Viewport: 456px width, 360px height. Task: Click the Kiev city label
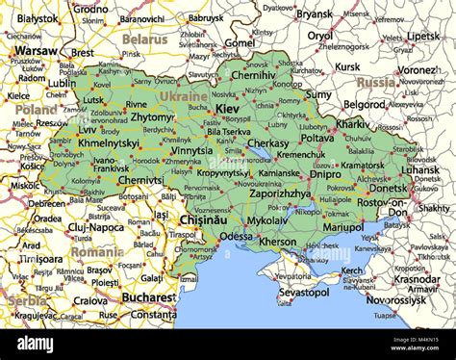tap(229, 110)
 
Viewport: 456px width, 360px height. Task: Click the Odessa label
tap(237, 236)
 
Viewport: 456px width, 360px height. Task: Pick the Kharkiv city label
tap(353, 124)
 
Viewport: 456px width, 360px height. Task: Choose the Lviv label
tap(88, 129)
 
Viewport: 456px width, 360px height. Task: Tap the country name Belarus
tap(145, 39)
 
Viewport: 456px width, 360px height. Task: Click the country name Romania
tap(96, 251)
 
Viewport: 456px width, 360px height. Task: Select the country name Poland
tap(36, 110)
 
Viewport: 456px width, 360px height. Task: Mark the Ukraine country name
tap(183, 96)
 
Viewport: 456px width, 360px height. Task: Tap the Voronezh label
tap(419, 70)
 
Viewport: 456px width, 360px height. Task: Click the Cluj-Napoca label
tap(69, 227)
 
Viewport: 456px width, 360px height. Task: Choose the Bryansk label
tap(314, 14)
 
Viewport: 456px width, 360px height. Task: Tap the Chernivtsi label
tap(140, 179)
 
